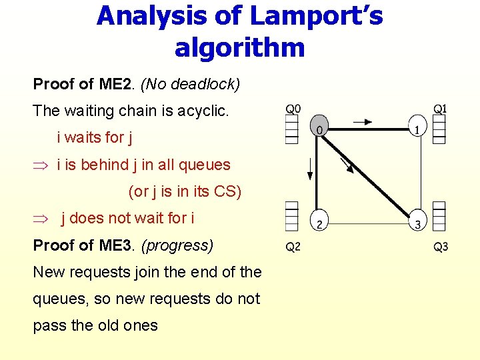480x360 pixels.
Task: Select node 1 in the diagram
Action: coord(417,127)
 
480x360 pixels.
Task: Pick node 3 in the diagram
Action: coord(417,223)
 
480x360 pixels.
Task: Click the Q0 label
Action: coord(293,109)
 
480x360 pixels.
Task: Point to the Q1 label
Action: coord(440,109)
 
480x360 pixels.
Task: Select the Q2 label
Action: coord(293,247)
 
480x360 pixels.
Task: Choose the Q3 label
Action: coord(441,247)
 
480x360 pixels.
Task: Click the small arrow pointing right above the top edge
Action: coord(363,121)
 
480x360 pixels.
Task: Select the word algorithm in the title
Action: coord(239,47)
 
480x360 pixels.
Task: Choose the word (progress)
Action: coord(177,245)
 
